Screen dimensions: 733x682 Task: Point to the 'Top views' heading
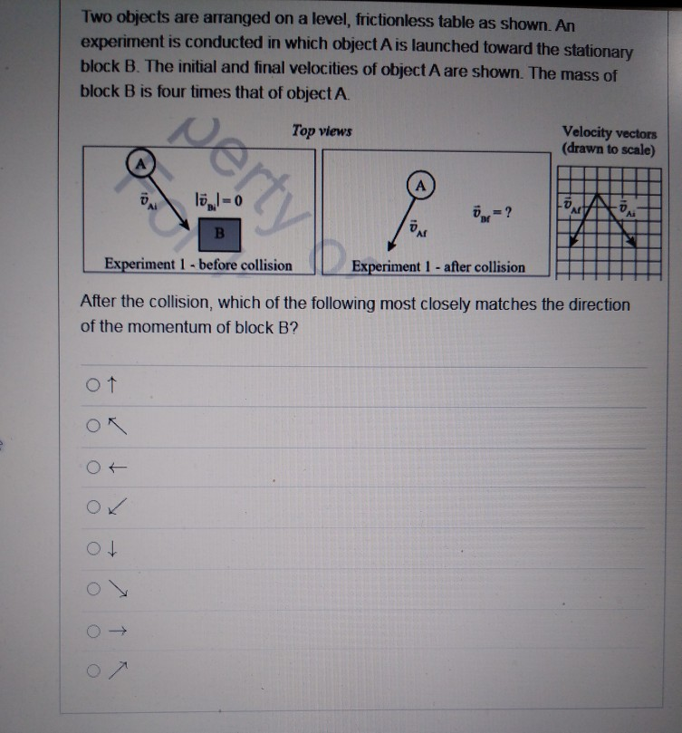[322, 132]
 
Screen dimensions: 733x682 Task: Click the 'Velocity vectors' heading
[610, 132]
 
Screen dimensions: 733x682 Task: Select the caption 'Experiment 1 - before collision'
[198, 265]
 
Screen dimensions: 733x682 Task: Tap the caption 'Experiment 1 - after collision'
[438, 267]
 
